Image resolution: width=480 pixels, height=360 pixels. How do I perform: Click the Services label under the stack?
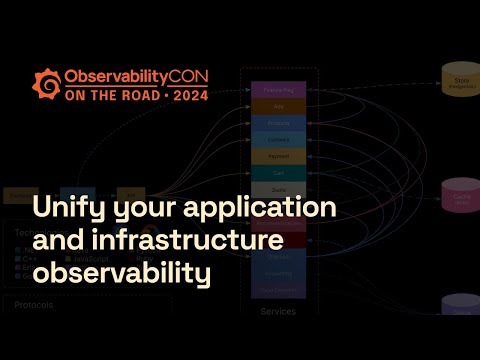278,311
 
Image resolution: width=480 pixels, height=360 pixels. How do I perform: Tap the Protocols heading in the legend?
33,306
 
